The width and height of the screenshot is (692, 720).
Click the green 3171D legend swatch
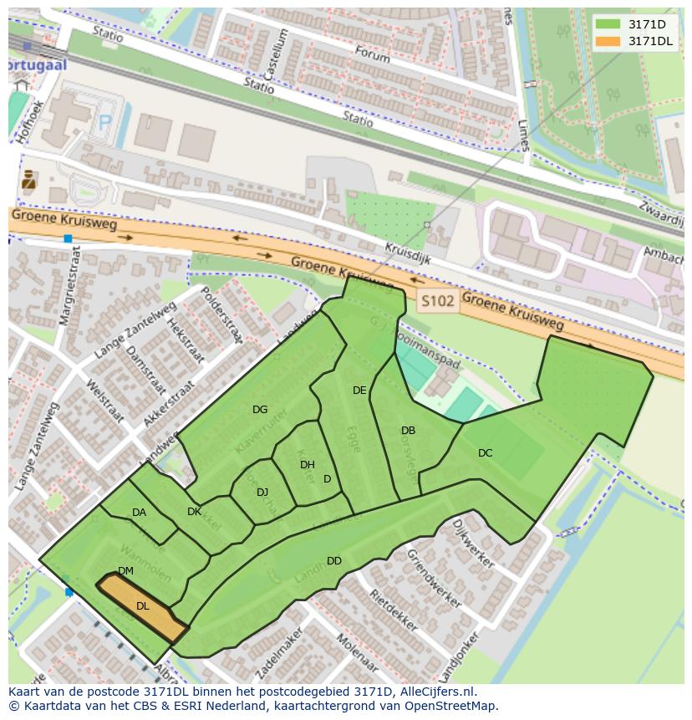[x=608, y=24]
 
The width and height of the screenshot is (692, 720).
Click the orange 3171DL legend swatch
[x=608, y=41]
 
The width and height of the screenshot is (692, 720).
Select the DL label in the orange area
[x=143, y=606]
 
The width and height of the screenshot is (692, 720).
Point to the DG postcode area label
[x=260, y=410]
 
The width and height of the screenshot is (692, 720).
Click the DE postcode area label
[x=359, y=391]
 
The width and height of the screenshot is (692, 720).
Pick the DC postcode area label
[x=485, y=453]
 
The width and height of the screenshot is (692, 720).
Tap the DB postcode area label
[x=408, y=431]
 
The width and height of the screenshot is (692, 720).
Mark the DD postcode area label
[x=334, y=561]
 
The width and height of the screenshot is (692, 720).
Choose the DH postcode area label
[x=307, y=465]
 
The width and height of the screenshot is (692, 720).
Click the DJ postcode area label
[x=262, y=492]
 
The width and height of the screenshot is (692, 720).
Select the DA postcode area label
[x=139, y=513]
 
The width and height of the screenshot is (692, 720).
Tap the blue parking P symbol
[x=105, y=123]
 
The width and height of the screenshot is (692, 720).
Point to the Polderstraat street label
[x=222, y=315]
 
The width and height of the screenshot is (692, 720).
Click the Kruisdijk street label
[x=408, y=254]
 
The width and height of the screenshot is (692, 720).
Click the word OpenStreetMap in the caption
[x=455, y=706]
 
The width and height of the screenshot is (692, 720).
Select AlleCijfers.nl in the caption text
[x=435, y=692]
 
